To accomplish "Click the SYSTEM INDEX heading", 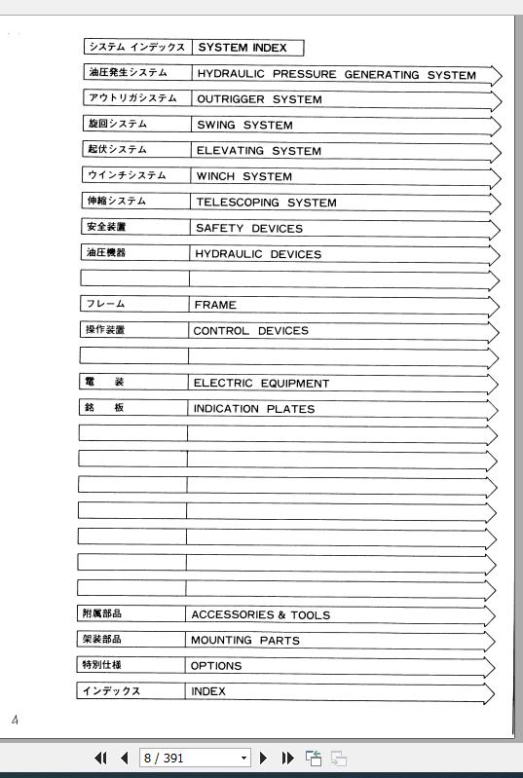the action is [x=243, y=48].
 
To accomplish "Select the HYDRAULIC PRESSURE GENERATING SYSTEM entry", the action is [x=336, y=75].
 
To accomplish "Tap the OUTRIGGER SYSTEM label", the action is [x=259, y=99].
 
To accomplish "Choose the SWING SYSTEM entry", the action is [x=244, y=126].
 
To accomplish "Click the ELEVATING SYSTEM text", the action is [x=258, y=151].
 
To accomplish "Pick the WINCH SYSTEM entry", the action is [x=243, y=177].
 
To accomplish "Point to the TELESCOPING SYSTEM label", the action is [x=266, y=203].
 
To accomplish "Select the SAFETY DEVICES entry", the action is [x=248, y=229].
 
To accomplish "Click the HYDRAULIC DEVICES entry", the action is [x=257, y=254].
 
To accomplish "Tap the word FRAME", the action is [x=214, y=305].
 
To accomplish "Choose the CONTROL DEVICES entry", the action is [x=250, y=331].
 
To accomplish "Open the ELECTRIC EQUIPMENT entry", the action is [x=261, y=384].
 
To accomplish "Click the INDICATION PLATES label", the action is [x=253, y=409].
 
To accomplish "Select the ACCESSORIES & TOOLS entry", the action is [x=260, y=615].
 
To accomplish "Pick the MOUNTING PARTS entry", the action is [x=244, y=641].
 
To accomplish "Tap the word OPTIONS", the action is [x=216, y=666].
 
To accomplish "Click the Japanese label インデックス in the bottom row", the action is [x=111, y=691].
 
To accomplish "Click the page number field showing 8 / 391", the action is [x=189, y=758].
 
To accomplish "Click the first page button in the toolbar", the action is [x=100, y=758].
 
